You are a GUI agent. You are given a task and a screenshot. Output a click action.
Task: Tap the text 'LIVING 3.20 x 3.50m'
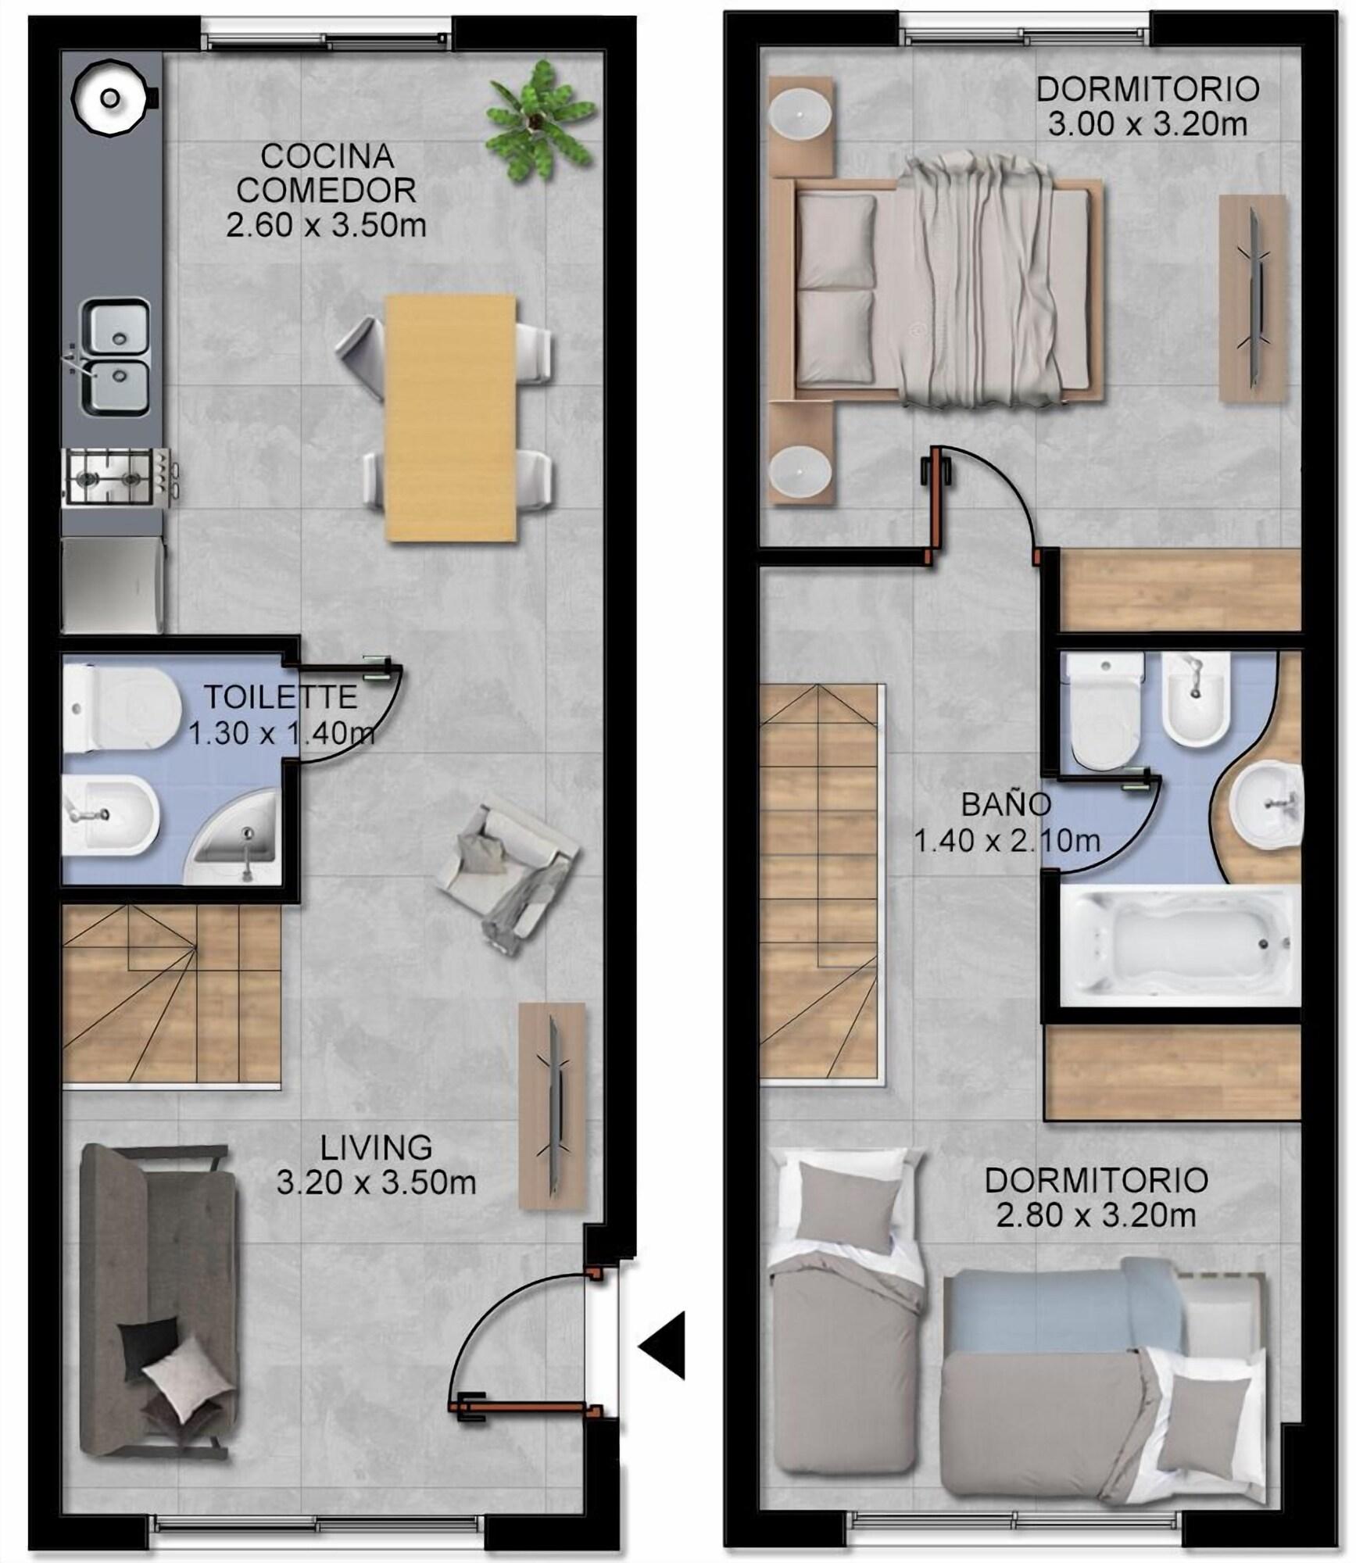(x=376, y=1164)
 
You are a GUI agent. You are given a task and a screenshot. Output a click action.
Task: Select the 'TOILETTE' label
(x=281, y=696)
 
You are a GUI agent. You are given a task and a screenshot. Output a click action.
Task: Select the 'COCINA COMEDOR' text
(x=326, y=173)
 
